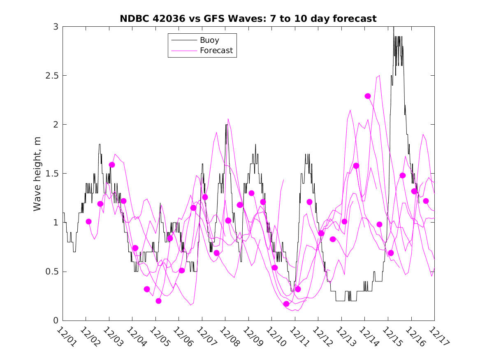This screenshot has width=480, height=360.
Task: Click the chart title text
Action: (248, 19)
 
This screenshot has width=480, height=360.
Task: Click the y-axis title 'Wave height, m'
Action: (37, 173)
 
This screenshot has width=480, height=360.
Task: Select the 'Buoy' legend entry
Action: (209, 40)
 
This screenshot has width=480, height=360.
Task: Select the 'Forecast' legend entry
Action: (216, 51)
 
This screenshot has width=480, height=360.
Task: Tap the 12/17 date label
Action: (437, 336)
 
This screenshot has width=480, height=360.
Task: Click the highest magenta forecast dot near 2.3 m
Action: (368, 96)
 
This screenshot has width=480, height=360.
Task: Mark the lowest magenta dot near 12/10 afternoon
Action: (286, 304)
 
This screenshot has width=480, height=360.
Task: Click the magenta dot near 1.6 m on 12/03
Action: (112, 165)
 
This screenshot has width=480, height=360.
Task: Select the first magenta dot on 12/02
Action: (88, 221)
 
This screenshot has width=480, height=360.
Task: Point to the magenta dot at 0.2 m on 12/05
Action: (158, 301)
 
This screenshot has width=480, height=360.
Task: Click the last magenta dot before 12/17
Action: (426, 201)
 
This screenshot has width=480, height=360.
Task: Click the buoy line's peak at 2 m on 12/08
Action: (226, 125)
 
